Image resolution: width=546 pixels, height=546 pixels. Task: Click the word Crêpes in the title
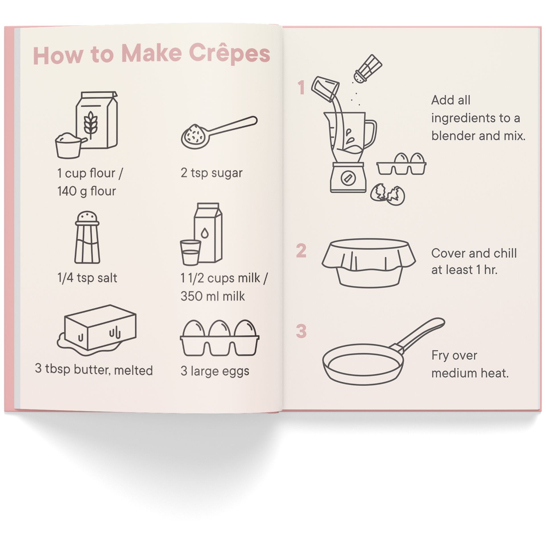229,53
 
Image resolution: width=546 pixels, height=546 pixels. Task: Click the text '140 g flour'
87,191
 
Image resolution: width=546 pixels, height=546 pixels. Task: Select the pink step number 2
301,251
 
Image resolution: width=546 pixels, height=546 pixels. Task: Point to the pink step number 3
301,331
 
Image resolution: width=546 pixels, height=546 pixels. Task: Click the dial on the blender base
348,178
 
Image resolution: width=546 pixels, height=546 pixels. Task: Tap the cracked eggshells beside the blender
387,194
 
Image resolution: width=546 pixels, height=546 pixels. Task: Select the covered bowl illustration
369,262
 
